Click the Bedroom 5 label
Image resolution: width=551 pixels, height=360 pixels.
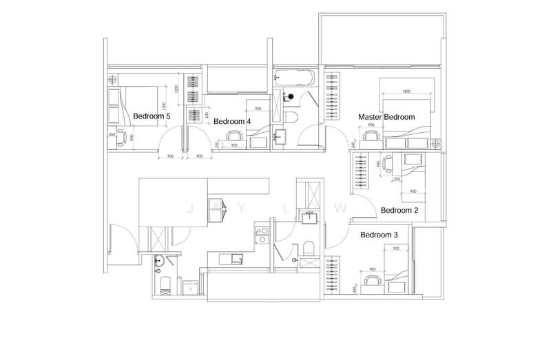(x=152, y=116)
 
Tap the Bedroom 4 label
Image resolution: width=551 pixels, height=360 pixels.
(x=231, y=121)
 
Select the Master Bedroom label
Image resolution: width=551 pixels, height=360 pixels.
(x=386, y=117)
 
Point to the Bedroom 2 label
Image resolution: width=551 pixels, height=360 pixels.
(x=399, y=210)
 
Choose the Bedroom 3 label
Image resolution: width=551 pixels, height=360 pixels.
(x=380, y=235)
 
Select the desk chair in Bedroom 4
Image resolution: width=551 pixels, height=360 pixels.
(x=236, y=136)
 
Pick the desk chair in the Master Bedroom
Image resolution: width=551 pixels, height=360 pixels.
(x=372, y=136)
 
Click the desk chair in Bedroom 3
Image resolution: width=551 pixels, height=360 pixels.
(x=372, y=279)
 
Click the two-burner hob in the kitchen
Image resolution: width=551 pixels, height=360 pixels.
(x=262, y=235)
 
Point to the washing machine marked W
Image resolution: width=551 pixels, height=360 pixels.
(x=190, y=286)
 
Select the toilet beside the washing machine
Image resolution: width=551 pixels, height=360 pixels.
(x=164, y=284)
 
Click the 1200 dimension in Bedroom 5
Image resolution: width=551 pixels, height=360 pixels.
(x=176, y=89)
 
